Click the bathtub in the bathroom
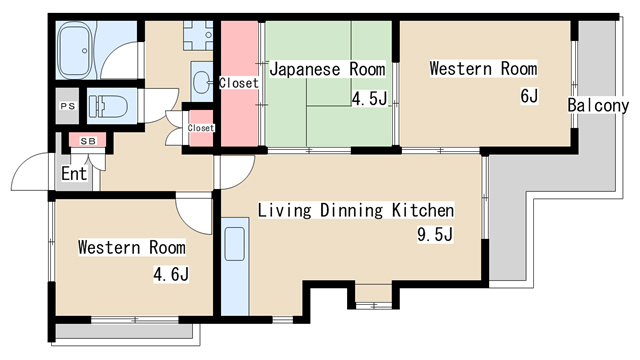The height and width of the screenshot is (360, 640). tap(74, 50)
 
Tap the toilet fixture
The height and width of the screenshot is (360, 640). tap(108, 106)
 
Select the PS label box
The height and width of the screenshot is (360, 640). tap(67, 106)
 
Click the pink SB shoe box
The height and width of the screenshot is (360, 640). tap(88, 140)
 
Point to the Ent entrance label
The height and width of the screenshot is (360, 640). tap(74, 173)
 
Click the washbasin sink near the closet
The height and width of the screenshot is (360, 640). tap(202, 82)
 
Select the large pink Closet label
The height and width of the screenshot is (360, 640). tap(239, 83)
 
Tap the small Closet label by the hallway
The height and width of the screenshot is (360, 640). tap(201, 128)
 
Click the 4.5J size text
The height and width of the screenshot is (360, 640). tap(369, 98)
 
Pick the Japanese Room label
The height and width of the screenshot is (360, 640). tap(327, 69)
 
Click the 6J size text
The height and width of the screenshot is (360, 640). tap(529, 96)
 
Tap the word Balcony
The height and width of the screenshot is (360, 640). tap(598, 105)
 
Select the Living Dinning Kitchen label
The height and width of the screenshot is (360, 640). tap(356, 210)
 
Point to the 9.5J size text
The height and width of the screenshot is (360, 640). tap(435, 234)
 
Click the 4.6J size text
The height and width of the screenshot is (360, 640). tap(171, 274)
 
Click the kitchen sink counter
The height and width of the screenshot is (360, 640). tap(235, 266)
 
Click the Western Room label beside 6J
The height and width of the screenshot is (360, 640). tap(483, 68)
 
